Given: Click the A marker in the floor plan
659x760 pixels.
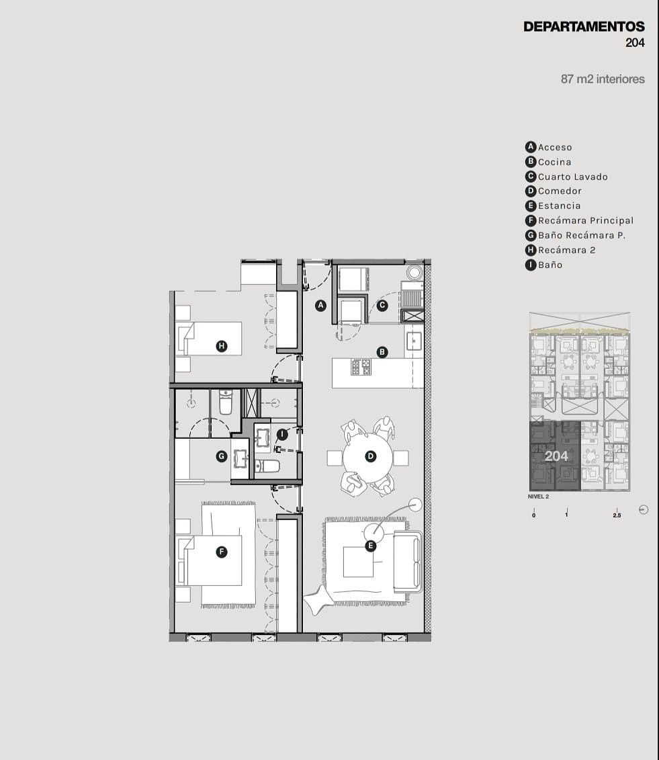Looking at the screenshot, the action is pos(320,305).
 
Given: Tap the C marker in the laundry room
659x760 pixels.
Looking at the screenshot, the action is pos(382,305).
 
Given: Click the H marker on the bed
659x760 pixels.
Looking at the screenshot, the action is pos(222,346).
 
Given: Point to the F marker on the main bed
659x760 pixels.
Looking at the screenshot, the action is pos(222,552).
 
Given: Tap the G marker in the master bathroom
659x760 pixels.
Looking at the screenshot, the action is pos(222,456).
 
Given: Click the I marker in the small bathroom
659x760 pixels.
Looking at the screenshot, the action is pos(282,434).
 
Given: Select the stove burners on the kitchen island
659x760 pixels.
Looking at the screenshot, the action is pos(361,367).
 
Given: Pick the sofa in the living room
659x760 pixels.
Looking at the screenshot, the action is pos(408,562).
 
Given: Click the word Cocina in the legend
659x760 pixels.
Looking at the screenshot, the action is pos(554,162).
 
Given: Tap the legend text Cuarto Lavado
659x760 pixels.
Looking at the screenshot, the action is pos(573,177).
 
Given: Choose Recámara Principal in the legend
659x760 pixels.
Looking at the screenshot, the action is pos(586,220).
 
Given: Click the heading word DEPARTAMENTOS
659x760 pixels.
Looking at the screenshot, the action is pos(584,27).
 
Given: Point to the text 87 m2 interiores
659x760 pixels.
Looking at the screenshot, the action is pos(603,79).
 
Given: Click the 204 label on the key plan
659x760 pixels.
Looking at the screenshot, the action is pos(556,456).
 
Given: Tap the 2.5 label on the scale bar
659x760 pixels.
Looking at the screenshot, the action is pos(617,515).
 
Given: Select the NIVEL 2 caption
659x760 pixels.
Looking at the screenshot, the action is pos(538,497).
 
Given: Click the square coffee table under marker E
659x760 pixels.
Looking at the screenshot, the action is pos(359,562).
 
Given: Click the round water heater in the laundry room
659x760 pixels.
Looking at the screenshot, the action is pos(414,272).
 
